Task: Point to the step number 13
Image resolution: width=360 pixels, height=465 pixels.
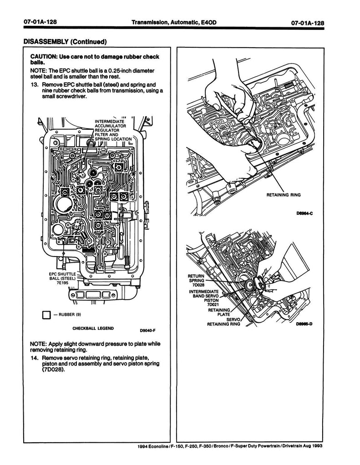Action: [x=34, y=84]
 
